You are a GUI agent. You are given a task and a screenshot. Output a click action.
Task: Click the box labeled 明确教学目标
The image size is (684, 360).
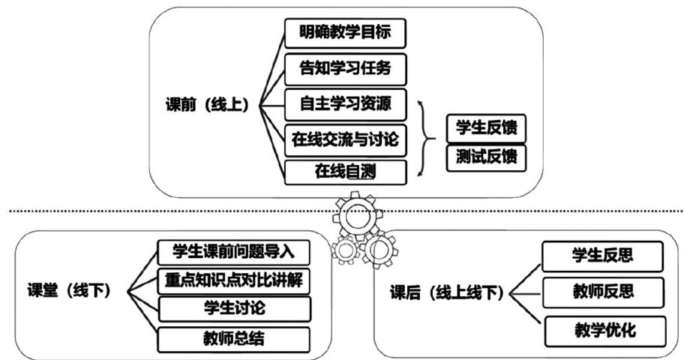click(x=345, y=34)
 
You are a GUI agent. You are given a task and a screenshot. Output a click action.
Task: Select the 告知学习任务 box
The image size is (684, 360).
click(x=345, y=69)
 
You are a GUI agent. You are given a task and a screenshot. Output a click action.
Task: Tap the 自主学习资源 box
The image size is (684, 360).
click(x=345, y=103)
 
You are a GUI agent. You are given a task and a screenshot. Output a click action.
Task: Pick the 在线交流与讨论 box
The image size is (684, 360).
click(x=346, y=138)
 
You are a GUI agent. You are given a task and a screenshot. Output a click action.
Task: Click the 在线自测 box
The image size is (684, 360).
click(x=345, y=172)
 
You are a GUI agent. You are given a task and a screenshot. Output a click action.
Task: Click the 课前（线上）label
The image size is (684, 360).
click(x=206, y=103)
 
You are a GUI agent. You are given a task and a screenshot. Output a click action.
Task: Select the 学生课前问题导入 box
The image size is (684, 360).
click(x=234, y=251)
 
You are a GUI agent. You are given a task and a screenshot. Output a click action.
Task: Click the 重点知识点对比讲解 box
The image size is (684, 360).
click(x=234, y=280)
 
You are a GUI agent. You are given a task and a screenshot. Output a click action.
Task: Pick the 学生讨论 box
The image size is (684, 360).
click(x=234, y=308)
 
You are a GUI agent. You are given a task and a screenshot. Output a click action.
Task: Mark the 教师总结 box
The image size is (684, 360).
click(x=234, y=339)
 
